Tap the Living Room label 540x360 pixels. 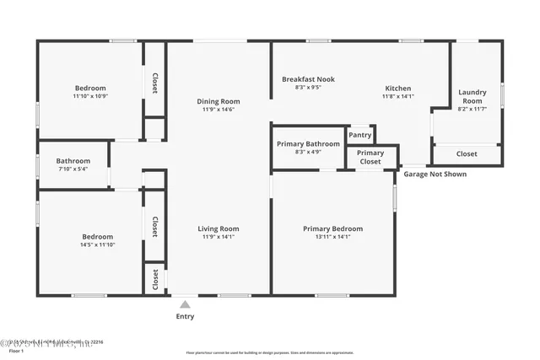(218, 228)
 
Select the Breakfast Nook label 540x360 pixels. (308, 79)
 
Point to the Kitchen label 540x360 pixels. (398, 88)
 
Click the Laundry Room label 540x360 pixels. (472, 96)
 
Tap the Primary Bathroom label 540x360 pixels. (308, 143)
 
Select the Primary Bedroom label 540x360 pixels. (332, 228)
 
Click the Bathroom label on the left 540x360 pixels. (73, 160)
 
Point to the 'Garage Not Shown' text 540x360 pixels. (435, 175)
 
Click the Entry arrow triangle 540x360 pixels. (185, 304)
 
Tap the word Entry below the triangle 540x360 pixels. (185, 317)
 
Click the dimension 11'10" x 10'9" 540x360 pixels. (90, 97)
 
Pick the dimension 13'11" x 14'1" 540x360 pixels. (332, 237)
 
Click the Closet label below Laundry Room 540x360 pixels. (467, 154)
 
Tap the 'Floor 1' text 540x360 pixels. (11, 350)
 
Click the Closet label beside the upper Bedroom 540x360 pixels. (154, 83)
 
